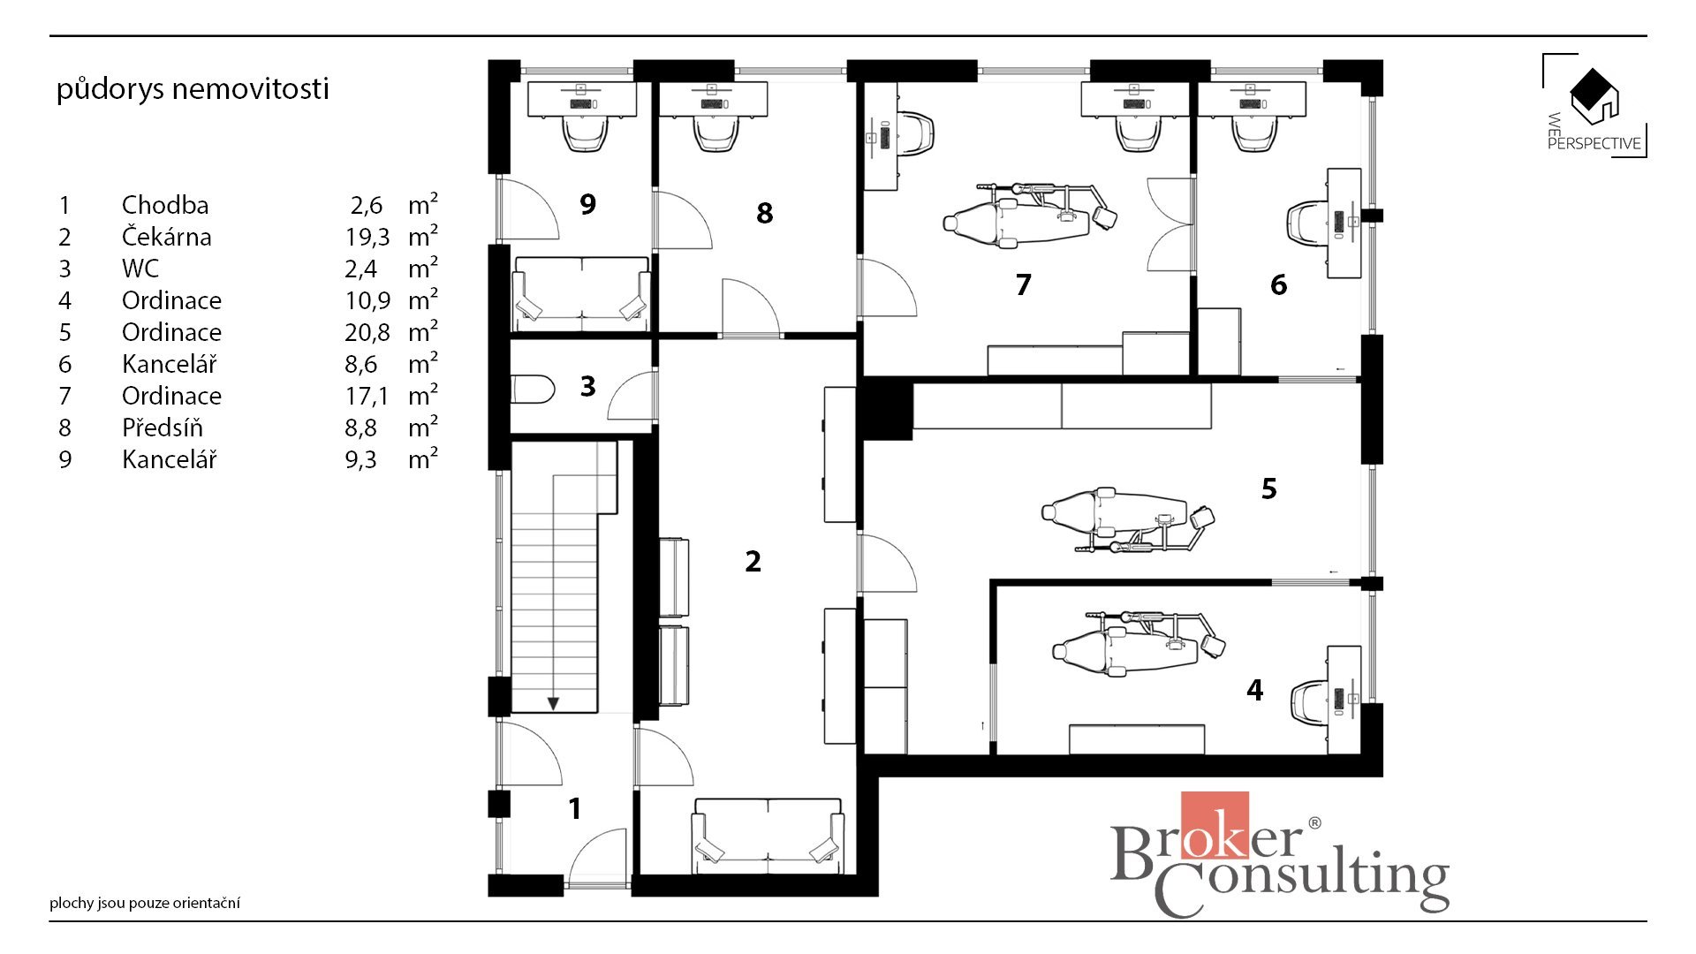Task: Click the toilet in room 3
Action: [x=533, y=390]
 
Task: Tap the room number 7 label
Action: [x=1023, y=284]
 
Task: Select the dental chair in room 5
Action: [x=1128, y=520]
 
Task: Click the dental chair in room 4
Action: [x=1139, y=643]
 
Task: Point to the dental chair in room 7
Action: [x=1029, y=216]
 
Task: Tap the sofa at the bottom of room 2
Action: [x=768, y=835]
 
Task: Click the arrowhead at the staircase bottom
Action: [x=553, y=703]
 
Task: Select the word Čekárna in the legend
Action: [x=167, y=237]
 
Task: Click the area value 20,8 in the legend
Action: [x=367, y=332]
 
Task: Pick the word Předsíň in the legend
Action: [x=163, y=428]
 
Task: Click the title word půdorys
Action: [x=110, y=89]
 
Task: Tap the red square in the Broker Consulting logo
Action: [x=1215, y=825]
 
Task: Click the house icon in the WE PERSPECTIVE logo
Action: [x=1594, y=95]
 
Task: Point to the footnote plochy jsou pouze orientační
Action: [x=145, y=903]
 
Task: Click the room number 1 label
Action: [x=575, y=808]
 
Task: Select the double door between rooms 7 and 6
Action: [x=1170, y=224]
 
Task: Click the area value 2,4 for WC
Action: [x=361, y=269]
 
